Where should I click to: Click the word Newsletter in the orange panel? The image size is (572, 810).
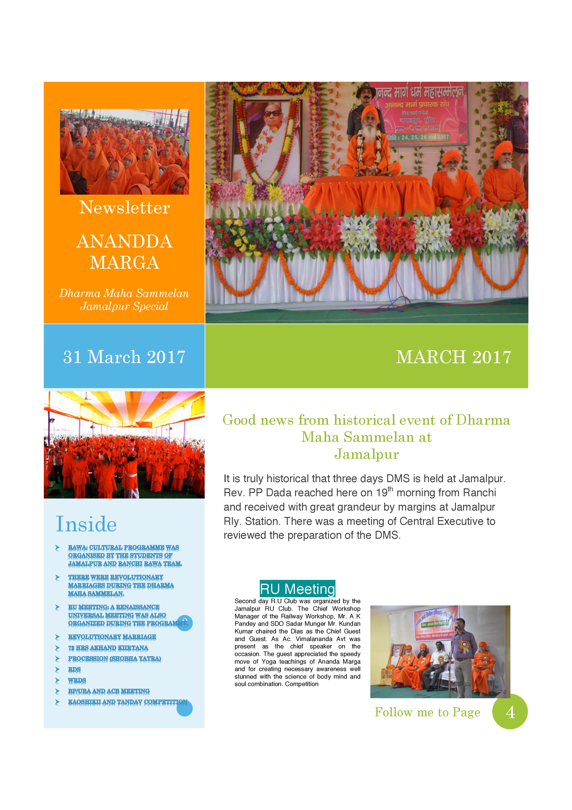[x=124, y=207]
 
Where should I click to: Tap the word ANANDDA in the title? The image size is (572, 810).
[x=124, y=242]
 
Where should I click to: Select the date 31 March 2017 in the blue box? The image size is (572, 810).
[x=124, y=357]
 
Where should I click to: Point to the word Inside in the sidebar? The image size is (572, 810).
[x=86, y=524]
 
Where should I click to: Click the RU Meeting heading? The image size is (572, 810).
[x=297, y=589]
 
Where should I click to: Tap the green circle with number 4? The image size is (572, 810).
[x=510, y=712]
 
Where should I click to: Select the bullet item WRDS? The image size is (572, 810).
[x=77, y=680]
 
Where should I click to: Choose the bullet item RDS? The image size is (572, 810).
[x=74, y=669]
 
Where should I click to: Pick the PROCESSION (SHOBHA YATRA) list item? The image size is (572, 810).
[x=114, y=659]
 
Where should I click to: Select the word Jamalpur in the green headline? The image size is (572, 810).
[x=367, y=454]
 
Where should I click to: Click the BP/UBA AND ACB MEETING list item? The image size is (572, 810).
[x=109, y=691]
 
